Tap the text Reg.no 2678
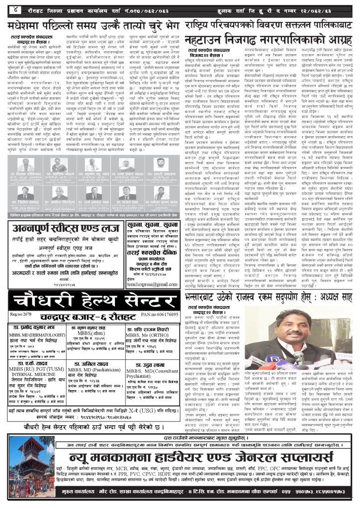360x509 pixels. [x=18, y=315]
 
